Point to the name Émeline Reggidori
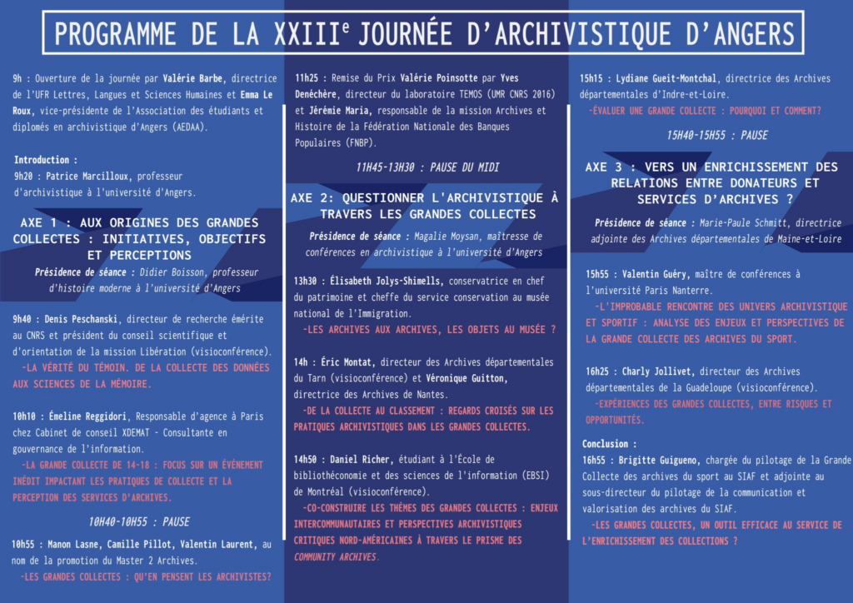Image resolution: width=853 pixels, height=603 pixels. pyautogui.click(x=91, y=416)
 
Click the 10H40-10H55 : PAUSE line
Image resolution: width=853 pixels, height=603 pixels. pyautogui.click(x=139, y=522)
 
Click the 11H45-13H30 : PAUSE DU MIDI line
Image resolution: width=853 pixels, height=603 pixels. pyautogui.click(x=427, y=167)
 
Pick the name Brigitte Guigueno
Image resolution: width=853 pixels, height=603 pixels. pyautogui.click(x=662, y=460)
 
